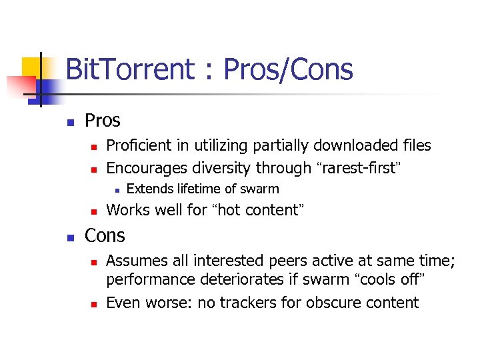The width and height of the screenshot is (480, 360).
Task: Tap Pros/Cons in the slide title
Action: (289, 69)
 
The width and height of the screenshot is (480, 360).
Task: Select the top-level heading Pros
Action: (103, 121)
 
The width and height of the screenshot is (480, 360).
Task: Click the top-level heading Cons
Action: (105, 235)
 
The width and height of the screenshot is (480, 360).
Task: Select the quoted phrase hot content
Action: (258, 210)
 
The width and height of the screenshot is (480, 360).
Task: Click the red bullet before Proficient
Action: (94, 146)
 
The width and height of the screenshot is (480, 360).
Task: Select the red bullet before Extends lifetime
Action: (115, 190)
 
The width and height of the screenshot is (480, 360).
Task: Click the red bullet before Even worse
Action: (94, 303)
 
